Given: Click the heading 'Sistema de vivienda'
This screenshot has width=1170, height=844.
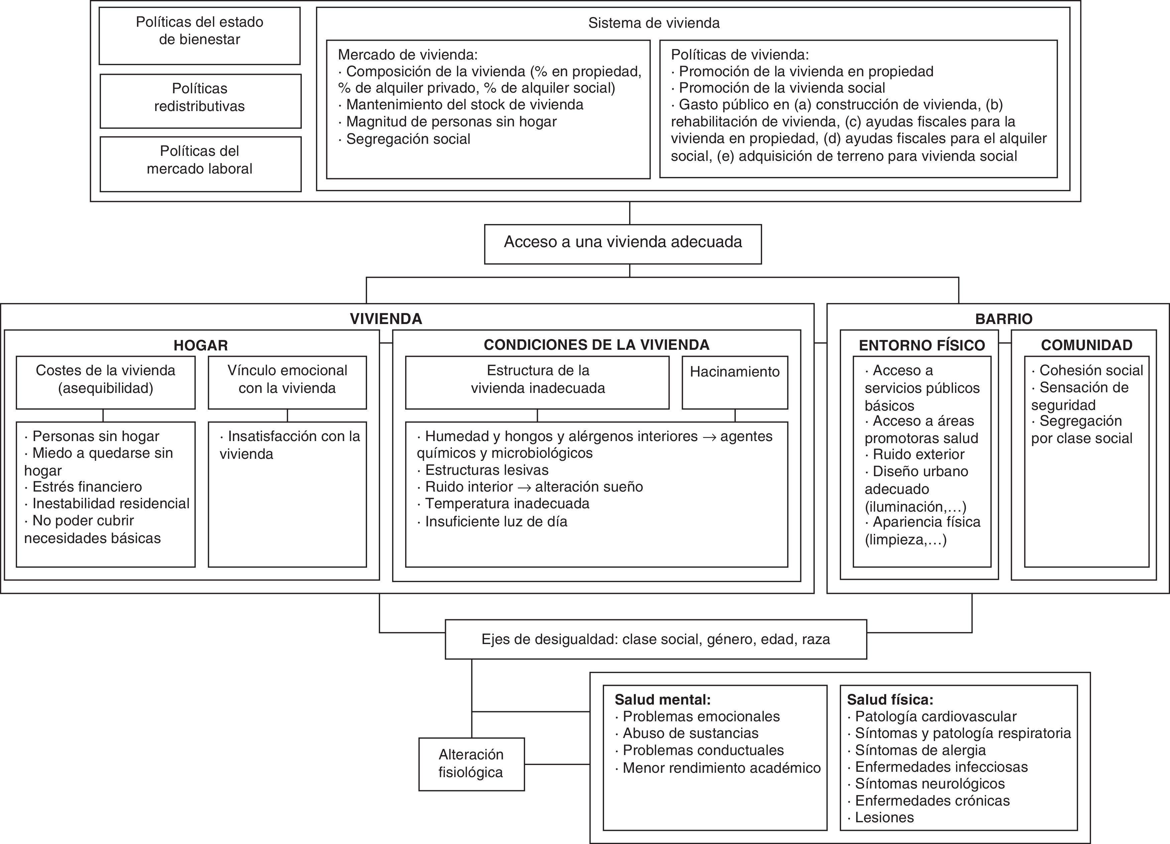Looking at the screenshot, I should (x=654, y=23).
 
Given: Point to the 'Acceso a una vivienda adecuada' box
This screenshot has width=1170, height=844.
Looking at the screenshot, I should (x=623, y=242).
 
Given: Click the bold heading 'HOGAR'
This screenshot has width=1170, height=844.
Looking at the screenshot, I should (x=201, y=345).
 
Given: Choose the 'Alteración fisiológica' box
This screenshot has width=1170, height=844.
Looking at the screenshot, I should (x=471, y=763).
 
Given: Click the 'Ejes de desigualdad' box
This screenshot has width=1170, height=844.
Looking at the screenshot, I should (x=656, y=640).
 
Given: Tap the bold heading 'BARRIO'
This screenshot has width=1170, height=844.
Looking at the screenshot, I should (x=1004, y=319).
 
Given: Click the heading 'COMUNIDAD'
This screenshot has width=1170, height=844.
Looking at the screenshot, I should (x=1086, y=345).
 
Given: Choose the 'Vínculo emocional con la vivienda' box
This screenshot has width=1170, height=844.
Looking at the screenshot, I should (x=287, y=379).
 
